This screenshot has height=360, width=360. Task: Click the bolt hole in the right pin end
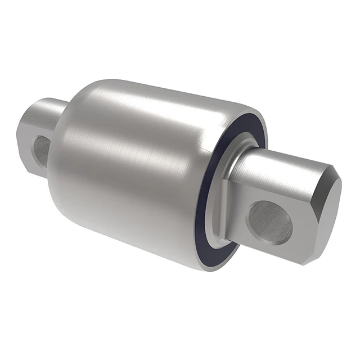tap(271, 221)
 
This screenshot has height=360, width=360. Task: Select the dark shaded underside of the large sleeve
tap(141, 236)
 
